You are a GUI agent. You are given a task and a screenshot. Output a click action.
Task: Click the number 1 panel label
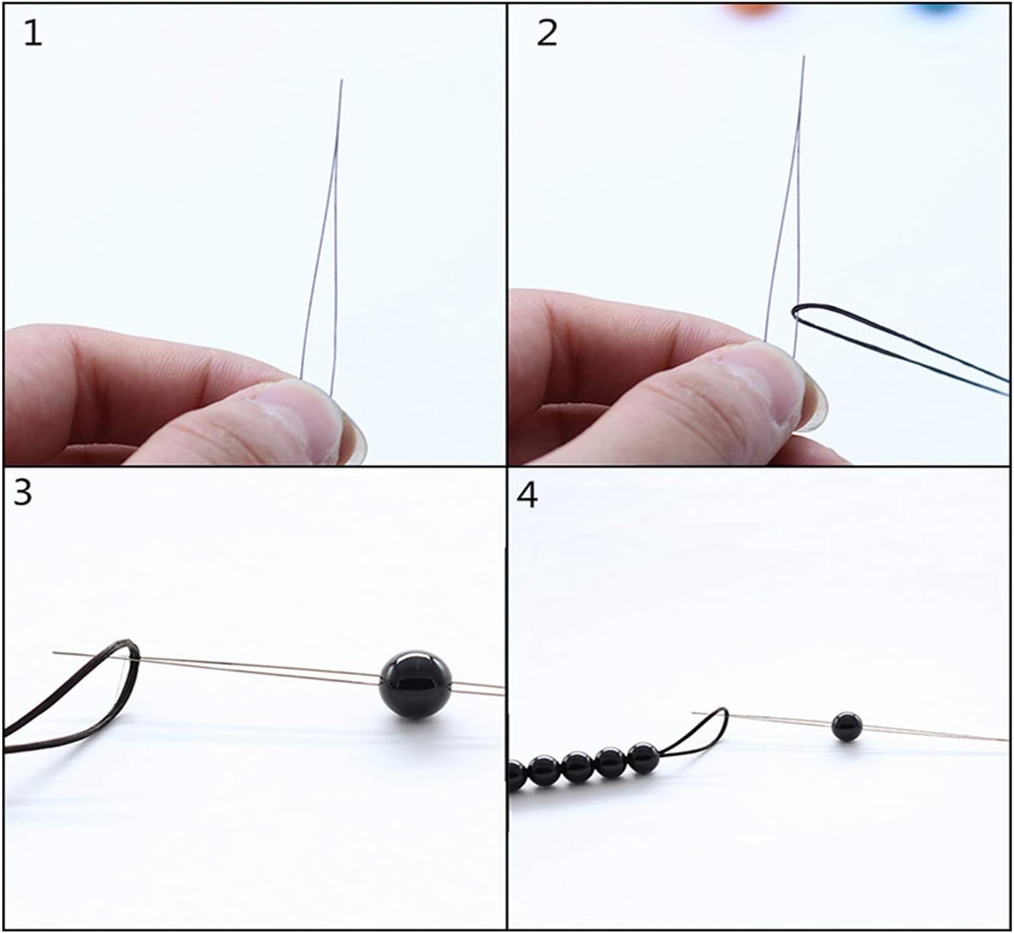[x=33, y=34]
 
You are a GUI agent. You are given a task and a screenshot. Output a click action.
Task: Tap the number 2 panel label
[x=546, y=34]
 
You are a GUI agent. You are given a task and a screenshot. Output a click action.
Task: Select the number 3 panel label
[x=23, y=492]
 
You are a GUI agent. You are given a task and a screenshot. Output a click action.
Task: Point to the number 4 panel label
[x=527, y=496]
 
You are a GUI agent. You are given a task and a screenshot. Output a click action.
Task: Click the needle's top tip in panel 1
[x=342, y=81]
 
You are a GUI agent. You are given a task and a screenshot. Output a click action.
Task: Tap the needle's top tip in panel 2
[x=804, y=57]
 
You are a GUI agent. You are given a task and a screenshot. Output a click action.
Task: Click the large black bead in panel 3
[x=415, y=683]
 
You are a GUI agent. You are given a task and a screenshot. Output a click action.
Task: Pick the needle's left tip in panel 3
[x=55, y=652]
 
